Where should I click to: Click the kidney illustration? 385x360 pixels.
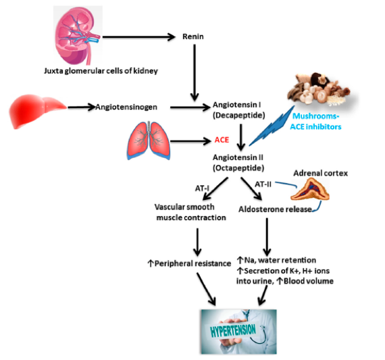pyautogui.click(x=78, y=35)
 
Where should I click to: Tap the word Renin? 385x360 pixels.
pyautogui.click(x=193, y=36)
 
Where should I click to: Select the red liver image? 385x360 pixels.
pyautogui.click(x=37, y=111)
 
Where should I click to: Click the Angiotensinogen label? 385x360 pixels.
pyautogui.click(x=126, y=107)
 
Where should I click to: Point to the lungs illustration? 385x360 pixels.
pyautogui.click(x=149, y=140)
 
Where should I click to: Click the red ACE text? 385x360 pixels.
pyautogui.click(x=222, y=140)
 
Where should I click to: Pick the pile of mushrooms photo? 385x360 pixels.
pyautogui.click(x=320, y=89)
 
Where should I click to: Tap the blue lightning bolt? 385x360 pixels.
pyautogui.click(x=272, y=126)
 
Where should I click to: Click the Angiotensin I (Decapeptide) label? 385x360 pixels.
pyautogui.click(x=238, y=110)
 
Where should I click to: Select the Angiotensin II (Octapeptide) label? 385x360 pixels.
pyautogui.click(x=238, y=163)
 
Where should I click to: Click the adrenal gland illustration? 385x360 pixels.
pyautogui.click(x=310, y=189)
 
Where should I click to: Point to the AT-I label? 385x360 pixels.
pyautogui.click(x=202, y=188)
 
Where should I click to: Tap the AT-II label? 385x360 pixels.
pyautogui.click(x=263, y=184)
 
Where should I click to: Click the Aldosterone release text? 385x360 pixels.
pyautogui.click(x=276, y=209)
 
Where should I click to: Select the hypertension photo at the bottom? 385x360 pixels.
pyautogui.click(x=238, y=332)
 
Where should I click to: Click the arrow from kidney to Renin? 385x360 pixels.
pyautogui.click(x=139, y=37)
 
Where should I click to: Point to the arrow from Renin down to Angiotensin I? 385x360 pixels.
pyautogui.click(x=195, y=73)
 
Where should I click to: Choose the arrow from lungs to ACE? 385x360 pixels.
pyautogui.click(x=190, y=141)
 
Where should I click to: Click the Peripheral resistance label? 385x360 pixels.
pyautogui.click(x=189, y=263)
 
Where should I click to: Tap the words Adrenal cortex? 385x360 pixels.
pyautogui.click(x=321, y=173)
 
